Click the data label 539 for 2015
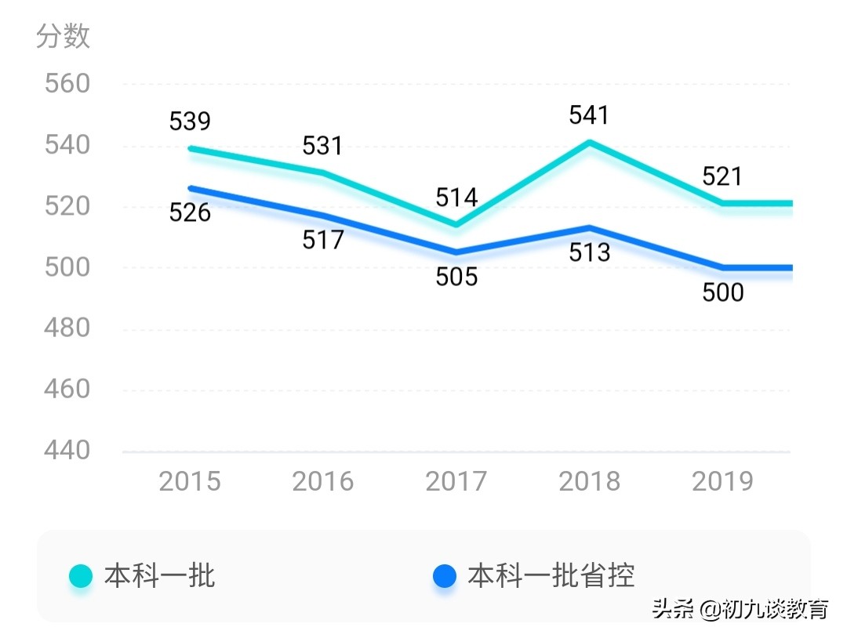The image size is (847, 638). (x=190, y=121)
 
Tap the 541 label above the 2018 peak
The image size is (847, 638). (x=589, y=115)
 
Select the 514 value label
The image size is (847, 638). (x=456, y=198)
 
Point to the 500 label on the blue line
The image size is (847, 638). (x=722, y=292)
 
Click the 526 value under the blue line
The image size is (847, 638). (x=190, y=212)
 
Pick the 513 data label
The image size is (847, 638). (x=589, y=252)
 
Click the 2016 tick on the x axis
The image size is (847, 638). (x=323, y=481)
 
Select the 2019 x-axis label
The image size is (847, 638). (x=722, y=481)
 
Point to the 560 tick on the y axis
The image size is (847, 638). (x=67, y=84)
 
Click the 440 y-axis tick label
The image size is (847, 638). (x=67, y=451)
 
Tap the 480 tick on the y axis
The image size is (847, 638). (x=67, y=328)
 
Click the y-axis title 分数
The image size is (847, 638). (x=63, y=37)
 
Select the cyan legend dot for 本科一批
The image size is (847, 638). (x=81, y=577)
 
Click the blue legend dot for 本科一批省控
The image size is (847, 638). (x=445, y=577)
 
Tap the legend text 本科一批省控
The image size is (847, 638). (x=551, y=576)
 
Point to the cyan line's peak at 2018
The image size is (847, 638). (x=589, y=143)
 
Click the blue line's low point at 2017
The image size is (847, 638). (x=456, y=252)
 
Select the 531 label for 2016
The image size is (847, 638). (x=323, y=146)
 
